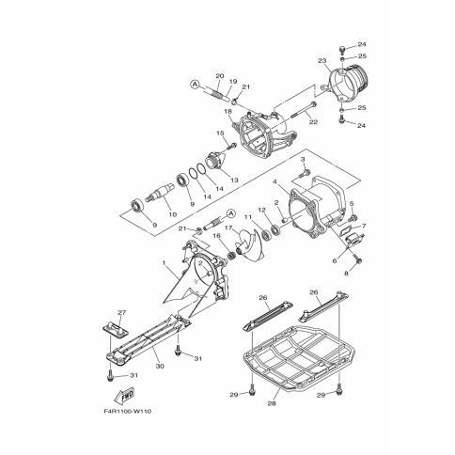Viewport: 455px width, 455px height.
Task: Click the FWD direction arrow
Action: pos(124,396)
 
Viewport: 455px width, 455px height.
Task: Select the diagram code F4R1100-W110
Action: pos(127,411)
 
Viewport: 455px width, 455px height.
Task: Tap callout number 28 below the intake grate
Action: pos(272,403)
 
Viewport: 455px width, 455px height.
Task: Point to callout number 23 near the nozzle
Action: pos(322,61)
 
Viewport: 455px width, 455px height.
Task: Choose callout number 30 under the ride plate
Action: pos(160,366)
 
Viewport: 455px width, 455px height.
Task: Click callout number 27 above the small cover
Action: pos(121,312)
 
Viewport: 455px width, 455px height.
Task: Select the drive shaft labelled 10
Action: pos(162,192)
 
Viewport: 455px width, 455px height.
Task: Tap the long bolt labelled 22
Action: pos(304,111)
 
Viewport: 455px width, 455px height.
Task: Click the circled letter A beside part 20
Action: pos(195,84)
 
